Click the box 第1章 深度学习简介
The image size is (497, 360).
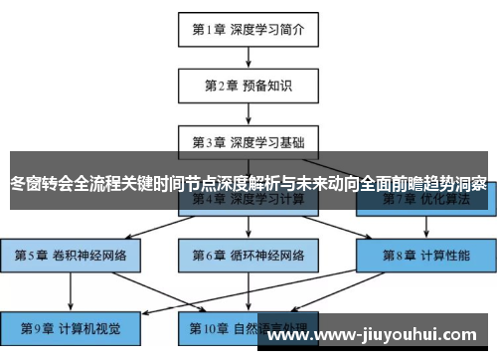(248, 30)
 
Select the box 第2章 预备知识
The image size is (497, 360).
(248, 86)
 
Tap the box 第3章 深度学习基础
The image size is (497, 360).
(248, 141)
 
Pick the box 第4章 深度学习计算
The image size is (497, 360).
(248, 200)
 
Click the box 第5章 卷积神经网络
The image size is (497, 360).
(71, 255)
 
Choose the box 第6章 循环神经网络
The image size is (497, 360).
(248, 255)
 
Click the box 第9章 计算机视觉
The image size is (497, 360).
(71, 325)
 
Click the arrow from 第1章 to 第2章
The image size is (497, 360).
(248, 58)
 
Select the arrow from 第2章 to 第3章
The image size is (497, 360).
(248, 113)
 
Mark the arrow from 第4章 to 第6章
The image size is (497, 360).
(248, 228)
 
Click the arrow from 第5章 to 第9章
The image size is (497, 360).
(71, 289)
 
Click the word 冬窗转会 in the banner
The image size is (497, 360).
(40, 183)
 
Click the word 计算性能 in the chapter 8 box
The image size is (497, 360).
(445, 255)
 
